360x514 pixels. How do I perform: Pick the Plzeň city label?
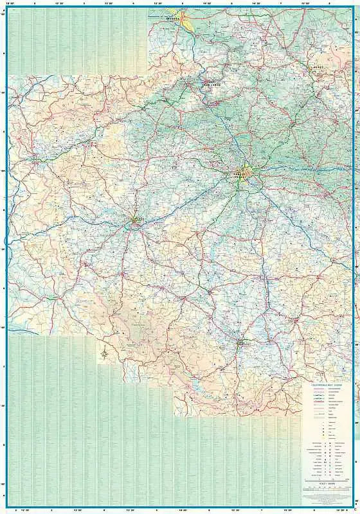coord(137,220)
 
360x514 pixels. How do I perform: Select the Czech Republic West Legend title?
coord(326,384)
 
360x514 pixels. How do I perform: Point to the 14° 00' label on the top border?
coord(207,3)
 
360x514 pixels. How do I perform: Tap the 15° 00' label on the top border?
coord(306,3)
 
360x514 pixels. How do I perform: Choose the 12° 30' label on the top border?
coord(59,3)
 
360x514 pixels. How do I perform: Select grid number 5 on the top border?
coord(182,3)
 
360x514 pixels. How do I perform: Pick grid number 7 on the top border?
coord(281,3)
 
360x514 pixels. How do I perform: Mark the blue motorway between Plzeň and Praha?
coord(186,196)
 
